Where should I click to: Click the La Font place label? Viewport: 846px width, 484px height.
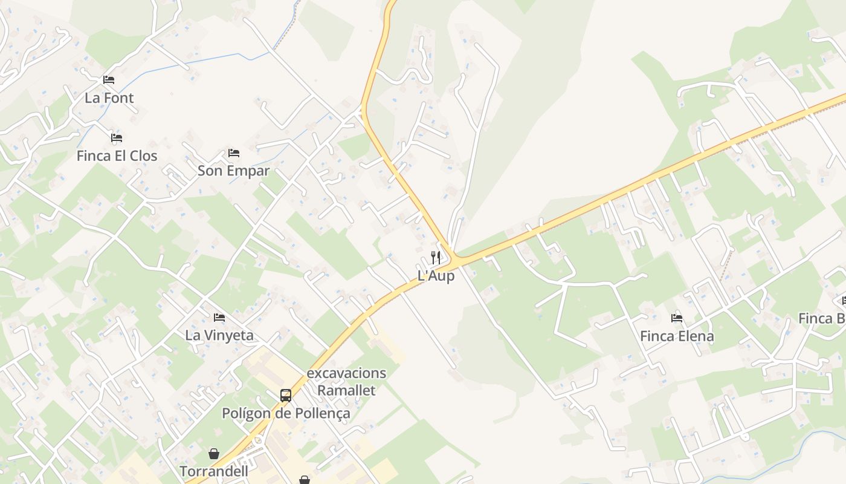click(109, 98)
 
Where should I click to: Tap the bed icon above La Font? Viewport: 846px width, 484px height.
click(109, 79)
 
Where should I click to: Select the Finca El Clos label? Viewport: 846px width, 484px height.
click(117, 156)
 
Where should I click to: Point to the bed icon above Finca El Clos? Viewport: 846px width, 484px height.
click(117, 138)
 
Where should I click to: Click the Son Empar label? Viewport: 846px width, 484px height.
click(233, 171)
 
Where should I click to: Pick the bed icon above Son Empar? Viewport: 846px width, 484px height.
click(234, 152)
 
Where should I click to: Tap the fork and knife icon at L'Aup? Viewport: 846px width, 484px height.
click(436, 258)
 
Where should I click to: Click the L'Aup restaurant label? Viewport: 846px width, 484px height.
click(436, 276)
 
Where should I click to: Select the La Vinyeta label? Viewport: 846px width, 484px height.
click(219, 335)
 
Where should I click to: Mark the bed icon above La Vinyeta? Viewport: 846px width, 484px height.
click(219, 317)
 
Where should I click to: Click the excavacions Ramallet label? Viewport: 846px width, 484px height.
click(346, 382)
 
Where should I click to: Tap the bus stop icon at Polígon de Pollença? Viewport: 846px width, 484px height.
click(286, 396)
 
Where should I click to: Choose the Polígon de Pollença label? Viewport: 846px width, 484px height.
click(286, 414)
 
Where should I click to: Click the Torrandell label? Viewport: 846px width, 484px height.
click(214, 471)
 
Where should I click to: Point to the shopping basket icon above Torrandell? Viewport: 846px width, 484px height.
click(214, 453)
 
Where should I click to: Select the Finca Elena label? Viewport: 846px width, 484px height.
click(677, 336)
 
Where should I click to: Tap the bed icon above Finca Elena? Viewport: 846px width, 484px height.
click(677, 318)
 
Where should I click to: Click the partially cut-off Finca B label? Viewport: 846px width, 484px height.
click(822, 318)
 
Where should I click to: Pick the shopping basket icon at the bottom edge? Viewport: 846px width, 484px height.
click(305, 480)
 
